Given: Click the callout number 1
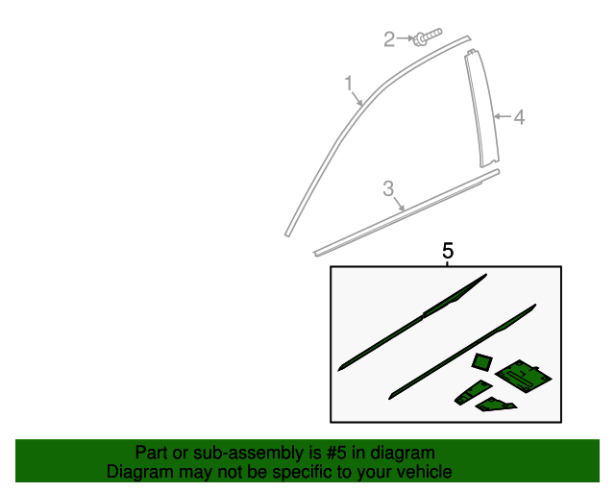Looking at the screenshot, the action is [x=349, y=84].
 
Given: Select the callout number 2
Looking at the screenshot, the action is [x=389, y=39].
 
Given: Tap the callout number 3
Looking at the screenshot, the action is [x=388, y=188].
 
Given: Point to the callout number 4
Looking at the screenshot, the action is [x=519, y=117].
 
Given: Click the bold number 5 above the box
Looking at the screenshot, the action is [x=448, y=251].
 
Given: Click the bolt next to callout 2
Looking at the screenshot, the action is [x=428, y=37].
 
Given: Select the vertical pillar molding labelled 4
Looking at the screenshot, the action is [x=481, y=109].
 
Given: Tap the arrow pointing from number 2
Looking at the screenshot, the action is [x=405, y=38].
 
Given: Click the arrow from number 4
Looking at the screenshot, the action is [x=503, y=116].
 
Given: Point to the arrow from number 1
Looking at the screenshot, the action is [x=357, y=98].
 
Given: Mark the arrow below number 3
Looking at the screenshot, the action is [x=399, y=204].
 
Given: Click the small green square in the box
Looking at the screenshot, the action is [x=482, y=361].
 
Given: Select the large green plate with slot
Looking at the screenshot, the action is [x=523, y=376].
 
